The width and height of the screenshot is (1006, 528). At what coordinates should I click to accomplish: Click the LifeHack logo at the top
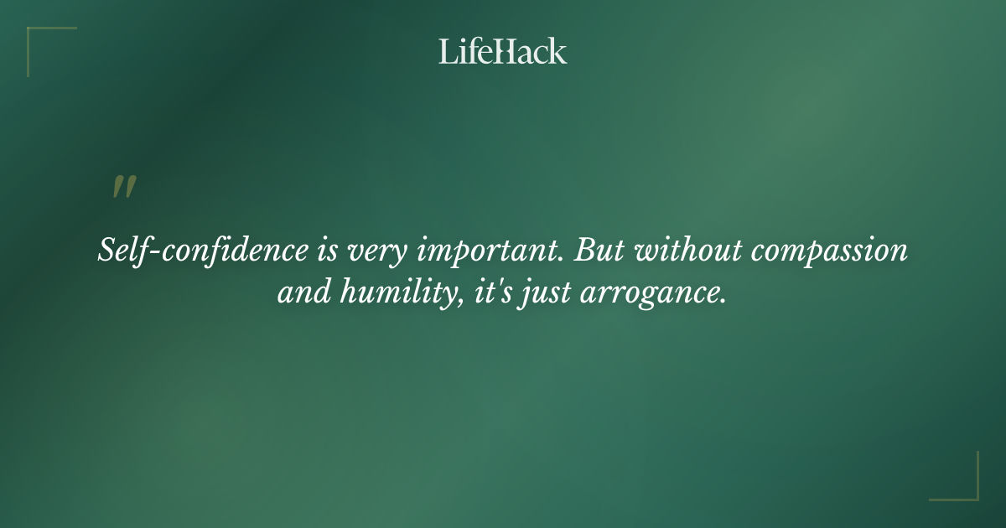coord(503,51)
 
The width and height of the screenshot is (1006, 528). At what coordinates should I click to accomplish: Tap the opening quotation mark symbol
coord(124,188)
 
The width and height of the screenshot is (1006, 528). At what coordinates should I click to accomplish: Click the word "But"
coord(598,250)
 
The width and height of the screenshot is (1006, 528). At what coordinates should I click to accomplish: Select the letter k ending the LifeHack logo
coord(558,51)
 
